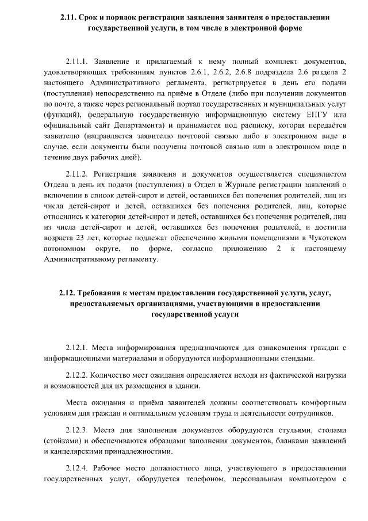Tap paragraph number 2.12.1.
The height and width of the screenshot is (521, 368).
point(78,347)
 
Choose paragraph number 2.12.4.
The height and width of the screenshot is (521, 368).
point(78,467)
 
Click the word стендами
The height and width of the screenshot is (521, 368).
point(297,358)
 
